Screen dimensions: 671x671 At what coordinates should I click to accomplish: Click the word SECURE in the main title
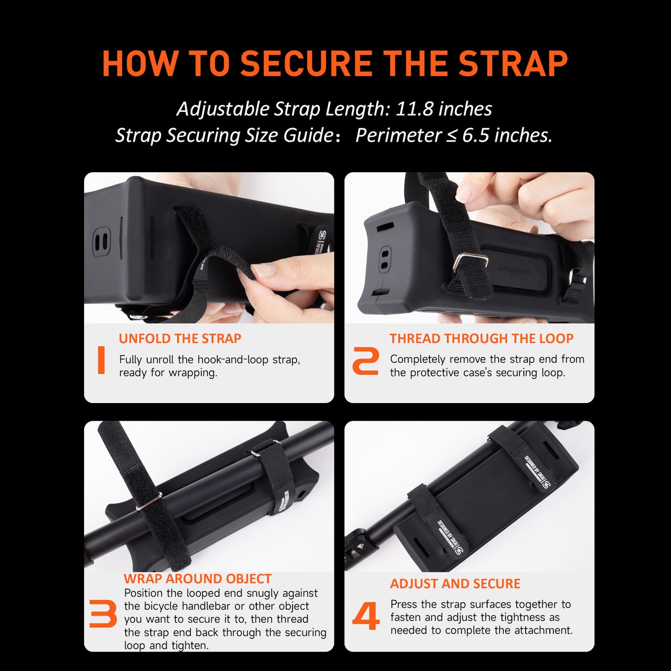pos(307,63)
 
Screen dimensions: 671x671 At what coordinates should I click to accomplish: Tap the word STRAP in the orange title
pos(513,63)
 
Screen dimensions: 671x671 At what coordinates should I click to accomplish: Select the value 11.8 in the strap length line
pos(415,109)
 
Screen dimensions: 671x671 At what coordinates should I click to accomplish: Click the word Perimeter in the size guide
pos(398,135)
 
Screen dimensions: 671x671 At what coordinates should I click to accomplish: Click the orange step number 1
pos(101,360)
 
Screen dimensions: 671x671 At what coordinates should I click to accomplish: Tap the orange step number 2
pos(365,361)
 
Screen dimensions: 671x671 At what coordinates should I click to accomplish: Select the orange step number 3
pos(103,613)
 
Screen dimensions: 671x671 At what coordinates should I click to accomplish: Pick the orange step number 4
pos(365,616)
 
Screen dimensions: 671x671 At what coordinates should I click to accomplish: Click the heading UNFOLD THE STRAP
pos(180,339)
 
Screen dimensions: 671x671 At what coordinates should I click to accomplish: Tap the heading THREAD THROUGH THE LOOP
pos(481,339)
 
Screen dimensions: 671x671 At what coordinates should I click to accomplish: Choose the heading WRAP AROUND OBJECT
pos(197,579)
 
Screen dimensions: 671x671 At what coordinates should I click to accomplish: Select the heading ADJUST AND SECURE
pos(455,584)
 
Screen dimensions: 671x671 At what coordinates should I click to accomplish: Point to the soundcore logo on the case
pos(515,270)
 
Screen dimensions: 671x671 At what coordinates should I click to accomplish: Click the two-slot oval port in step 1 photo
pos(102,241)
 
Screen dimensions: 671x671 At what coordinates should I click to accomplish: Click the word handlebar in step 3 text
pos(206,606)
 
